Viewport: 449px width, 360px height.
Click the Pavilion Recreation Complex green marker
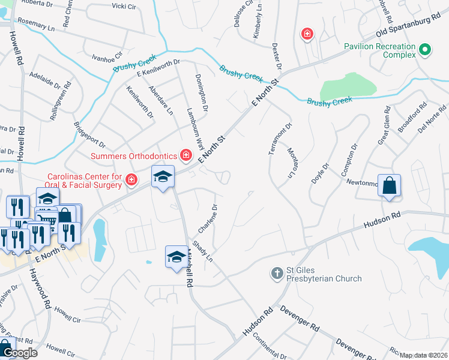(x=426, y=50)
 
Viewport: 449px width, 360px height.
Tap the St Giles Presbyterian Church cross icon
(x=277, y=274)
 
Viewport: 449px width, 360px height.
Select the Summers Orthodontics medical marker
(x=186, y=156)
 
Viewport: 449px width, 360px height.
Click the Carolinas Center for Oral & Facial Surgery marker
(x=131, y=179)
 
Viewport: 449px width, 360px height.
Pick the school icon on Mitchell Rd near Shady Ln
(x=175, y=257)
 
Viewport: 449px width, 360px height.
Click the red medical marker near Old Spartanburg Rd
(x=307, y=34)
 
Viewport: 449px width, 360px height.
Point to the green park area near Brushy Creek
(x=348, y=87)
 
